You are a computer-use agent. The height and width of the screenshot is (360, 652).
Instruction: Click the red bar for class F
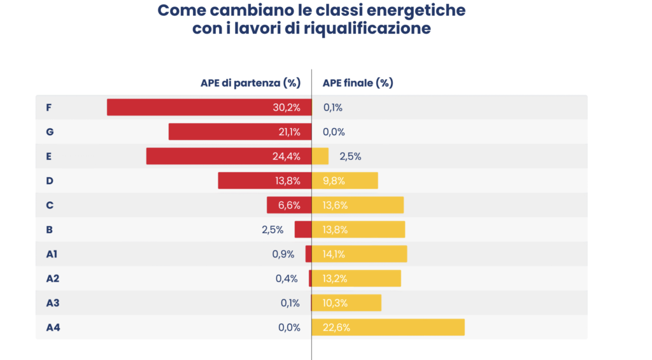191,107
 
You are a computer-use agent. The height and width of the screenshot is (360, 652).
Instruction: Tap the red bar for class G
223,132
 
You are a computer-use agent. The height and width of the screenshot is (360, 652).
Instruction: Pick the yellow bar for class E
320,156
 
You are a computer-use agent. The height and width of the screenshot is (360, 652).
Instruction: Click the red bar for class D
248,181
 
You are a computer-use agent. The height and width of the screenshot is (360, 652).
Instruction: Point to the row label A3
53,303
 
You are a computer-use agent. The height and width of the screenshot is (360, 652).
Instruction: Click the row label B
49,229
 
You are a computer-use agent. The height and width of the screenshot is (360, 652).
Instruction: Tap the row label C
50,205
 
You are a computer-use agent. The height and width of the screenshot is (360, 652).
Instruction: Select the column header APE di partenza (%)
250,83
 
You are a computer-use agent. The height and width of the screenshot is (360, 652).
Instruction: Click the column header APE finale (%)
358,83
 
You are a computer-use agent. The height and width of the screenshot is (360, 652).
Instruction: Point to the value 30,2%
287,108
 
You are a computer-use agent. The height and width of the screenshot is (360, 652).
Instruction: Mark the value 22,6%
337,328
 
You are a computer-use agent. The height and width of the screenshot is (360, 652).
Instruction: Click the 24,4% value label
287,157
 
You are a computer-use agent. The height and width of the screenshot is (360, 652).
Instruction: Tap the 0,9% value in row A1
283,254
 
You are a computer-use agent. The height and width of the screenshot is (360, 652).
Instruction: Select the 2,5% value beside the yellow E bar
351,157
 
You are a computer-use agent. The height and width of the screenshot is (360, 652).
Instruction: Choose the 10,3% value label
336,303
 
